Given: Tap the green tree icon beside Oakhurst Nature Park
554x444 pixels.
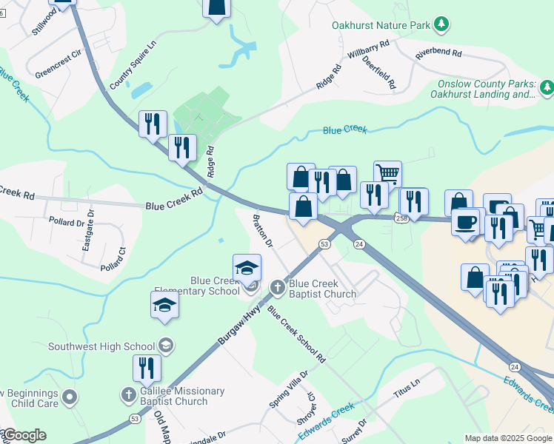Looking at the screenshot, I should pos(441,25).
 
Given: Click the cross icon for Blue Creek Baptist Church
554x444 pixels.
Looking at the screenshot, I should pos(278,286).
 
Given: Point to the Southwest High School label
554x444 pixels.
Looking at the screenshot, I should pos(102,346).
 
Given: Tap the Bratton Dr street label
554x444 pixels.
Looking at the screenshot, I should pos(264,232).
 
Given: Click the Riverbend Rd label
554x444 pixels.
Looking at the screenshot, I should pos(438,54).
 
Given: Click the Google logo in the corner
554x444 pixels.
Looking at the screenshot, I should pos(24,435).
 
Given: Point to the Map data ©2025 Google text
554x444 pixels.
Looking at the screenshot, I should pos(508,438).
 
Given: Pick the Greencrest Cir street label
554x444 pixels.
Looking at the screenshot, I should pos(57,66).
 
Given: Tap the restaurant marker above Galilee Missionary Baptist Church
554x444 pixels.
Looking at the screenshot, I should pos(147,369).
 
